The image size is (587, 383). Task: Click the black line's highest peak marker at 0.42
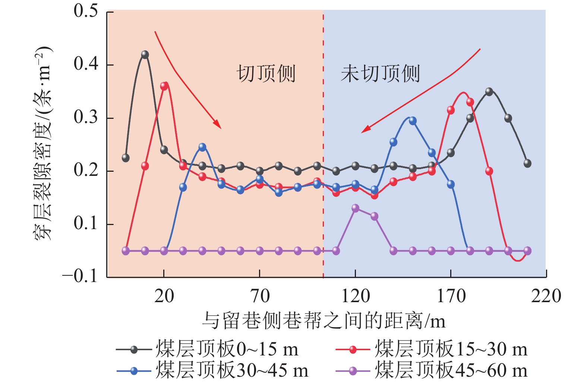click(x=145, y=55)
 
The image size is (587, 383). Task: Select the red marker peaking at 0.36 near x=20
click(x=164, y=86)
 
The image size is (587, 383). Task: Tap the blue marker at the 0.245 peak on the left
click(x=202, y=147)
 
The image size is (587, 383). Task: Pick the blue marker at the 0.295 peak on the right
click(x=413, y=121)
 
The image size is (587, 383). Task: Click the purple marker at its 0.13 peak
click(x=356, y=208)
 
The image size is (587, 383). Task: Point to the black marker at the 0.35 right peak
click(x=489, y=92)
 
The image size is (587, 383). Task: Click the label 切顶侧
click(x=266, y=73)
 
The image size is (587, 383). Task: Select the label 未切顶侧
click(x=380, y=73)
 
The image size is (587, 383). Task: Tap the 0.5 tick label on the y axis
click(x=86, y=11)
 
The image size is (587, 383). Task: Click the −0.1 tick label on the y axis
click(x=80, y=276)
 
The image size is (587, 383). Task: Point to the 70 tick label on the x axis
click(x=260, y=297)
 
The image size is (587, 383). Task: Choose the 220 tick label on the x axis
click(x=546, y=297)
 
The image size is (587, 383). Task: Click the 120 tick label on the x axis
click(x=356, y=297)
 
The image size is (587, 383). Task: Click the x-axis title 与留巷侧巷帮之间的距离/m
click(x=324, y=320)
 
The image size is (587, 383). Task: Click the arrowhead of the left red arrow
click(x=218, y=125)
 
